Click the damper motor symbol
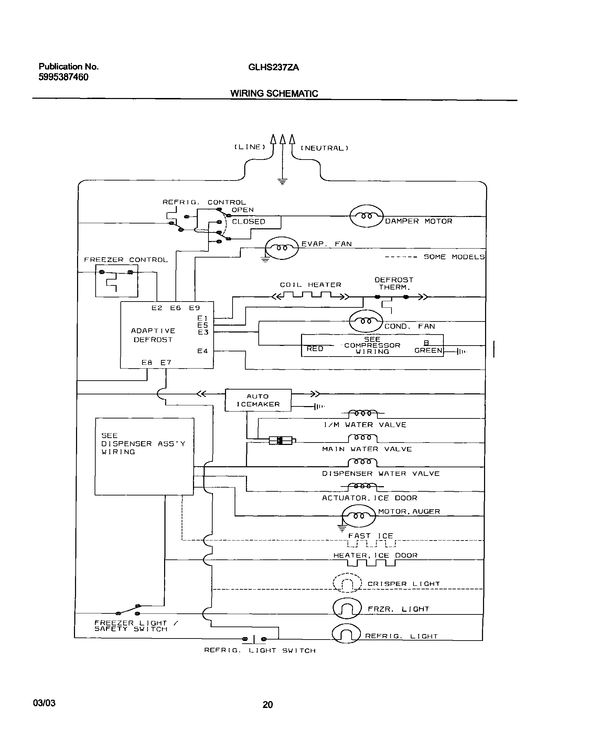(x=367, y=216)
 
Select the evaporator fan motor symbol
(x=282, y=248)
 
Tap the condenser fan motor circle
(x=366, y=321)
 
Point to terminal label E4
(x=202, y=351)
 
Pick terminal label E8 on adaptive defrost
(x=147, y=362)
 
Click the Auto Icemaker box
(x=258, y=400)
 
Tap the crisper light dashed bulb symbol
(x=347, y=583)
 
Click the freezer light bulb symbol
(x=347, y=608)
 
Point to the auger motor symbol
(x=358, y=516)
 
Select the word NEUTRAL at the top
(x=324, y=148)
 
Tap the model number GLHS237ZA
(x=273, y=67)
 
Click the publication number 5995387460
(x=63, y=77)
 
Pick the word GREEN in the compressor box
(x=428, y=350)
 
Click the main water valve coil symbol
(x=363, y=438)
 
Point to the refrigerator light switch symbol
(x=254, y=640)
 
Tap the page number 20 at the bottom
(x=268, y=705)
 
